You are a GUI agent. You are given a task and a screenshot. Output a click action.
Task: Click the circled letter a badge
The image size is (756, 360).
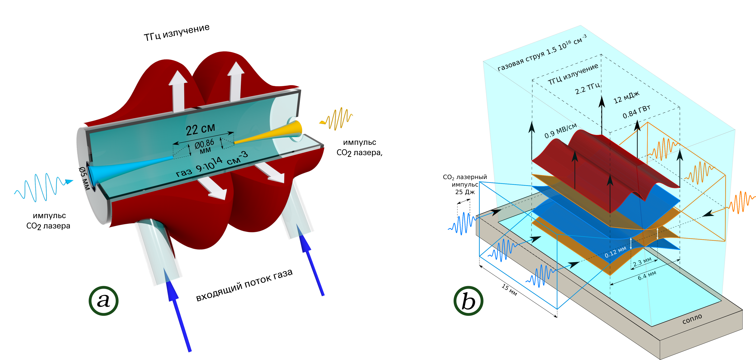pyautogui.click(x=103, y=301)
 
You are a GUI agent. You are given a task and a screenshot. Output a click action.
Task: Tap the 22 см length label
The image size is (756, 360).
pyautogui.click(x=200, y=129)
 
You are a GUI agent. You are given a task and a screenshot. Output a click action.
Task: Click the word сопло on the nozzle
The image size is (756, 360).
pyautogui.click(x=692, y=319)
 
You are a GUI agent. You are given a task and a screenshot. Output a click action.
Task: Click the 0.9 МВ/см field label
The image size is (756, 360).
pyautogui.click(x=561, y=131)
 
